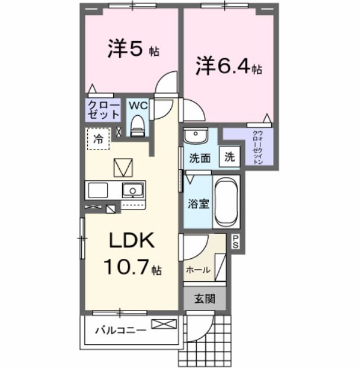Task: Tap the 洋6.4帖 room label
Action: coord(229,66)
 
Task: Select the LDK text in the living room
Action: coord(130,241)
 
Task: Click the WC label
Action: coord(138,106)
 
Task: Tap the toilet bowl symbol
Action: coord(138,125)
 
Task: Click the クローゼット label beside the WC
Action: coord(104,110)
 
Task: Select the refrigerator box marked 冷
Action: coord(97,139)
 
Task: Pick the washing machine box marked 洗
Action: coord(229,158)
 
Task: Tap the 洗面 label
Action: coord(200,158)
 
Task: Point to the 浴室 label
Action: coord(198,204)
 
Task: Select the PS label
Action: coord(235,242)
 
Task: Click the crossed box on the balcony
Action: coord(163,324)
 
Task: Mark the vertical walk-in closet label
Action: coord(257,147)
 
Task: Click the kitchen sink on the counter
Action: coord(133,191)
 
